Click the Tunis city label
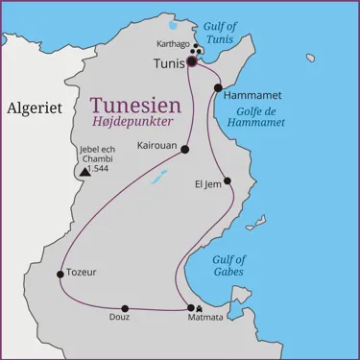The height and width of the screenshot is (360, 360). click(x=168, y=63)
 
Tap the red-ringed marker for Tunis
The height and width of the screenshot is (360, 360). click(x=191, y=60)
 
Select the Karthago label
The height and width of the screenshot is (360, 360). click(x=173, y=44)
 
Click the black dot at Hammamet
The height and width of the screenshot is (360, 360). click(x=218, y=87)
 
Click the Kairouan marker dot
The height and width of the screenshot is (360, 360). click(x=185, y=149)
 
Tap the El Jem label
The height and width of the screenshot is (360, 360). click(x=207, y=182)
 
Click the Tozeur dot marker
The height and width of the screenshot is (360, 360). click(x=60, y=274)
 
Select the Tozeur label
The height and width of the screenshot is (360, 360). click(x=81, y=273)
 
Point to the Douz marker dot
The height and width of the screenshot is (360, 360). click(x=125, y=308)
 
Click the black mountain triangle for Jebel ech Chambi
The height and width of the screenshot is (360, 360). click(x=84, y=171)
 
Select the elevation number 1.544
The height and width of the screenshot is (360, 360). click(x=99, y=169)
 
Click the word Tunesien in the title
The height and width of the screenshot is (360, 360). click(x=129, y=105)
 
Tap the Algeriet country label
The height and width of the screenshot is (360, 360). click(x=34, y=108)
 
